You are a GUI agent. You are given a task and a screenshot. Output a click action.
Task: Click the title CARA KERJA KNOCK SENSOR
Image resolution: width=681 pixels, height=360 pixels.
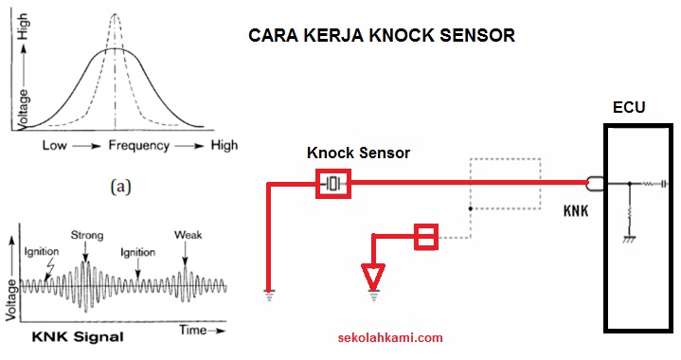coord(381,36)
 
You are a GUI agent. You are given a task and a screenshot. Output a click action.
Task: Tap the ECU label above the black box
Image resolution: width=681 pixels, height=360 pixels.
coord(629,108)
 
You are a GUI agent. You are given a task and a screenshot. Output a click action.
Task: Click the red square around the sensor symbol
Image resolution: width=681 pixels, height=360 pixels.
coord(333,182)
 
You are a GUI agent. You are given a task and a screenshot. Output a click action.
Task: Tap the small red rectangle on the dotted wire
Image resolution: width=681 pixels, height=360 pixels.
coord(426,237)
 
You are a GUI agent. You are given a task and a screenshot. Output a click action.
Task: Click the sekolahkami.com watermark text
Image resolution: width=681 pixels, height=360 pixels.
coord(390,336)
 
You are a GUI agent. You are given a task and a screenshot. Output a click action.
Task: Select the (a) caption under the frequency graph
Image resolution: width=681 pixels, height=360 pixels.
coord(120,187)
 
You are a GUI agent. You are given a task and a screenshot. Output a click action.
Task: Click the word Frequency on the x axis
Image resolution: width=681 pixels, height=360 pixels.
coord(138,146)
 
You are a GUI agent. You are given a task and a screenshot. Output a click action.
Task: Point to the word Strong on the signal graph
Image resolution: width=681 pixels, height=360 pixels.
coord(86,234)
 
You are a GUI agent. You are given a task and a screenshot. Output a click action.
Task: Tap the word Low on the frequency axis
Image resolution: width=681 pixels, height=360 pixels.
coord(55,146)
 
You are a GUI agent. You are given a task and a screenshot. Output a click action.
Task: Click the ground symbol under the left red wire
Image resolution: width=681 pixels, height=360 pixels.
coord(269,294)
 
